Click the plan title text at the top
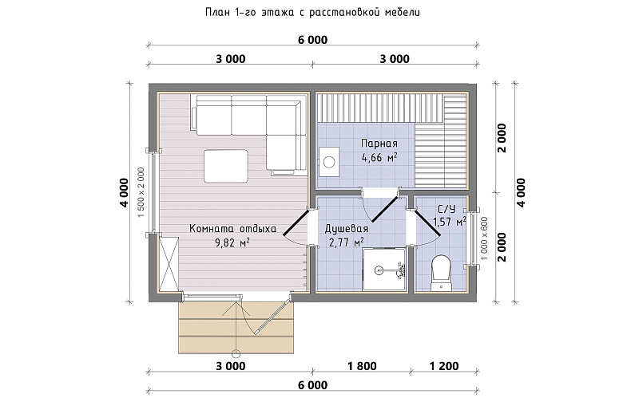(x=312, y=12)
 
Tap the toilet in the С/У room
(x=442, y=272)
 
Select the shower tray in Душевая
(x=385, y=270)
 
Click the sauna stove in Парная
(x=328, y=161)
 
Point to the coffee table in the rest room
(x=226, y=166)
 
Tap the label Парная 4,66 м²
(x=379, y=151)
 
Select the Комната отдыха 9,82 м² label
(x=232, y=235)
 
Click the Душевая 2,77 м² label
(x=346, y=235)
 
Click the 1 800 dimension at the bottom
(x=362, y=366)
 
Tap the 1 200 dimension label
(x=444, y=366)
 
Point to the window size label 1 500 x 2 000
(x=141, y=192)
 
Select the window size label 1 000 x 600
(x=483, y=238)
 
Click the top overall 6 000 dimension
(x=312, y=40)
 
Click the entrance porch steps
(x=236, y=328)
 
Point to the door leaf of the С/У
(x=427, y=223)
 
